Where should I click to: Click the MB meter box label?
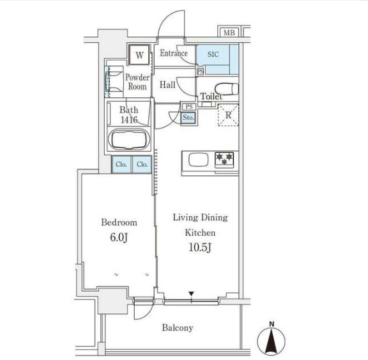coord(229,33)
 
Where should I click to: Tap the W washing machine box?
coord(139,55)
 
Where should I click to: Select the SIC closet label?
coord(213,54)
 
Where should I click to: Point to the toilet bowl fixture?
coord(227,88)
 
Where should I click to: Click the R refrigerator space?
coord(228,115)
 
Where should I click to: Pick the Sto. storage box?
coord(188,118)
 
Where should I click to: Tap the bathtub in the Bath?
coord(129,140)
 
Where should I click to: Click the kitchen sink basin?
coord(199,159)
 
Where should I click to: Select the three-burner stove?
coord(224,160)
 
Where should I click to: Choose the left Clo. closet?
coord(121,164)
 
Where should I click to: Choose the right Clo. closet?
coord(142,164)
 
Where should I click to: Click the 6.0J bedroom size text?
coord(119,238)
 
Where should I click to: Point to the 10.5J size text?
coord(200,247)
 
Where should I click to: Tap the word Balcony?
coord(178,328)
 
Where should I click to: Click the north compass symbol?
coord(272,339)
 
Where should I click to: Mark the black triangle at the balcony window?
coord(192,293)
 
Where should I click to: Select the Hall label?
coord(167,84)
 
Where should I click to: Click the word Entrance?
coord(174,53)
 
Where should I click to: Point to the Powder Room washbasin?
coord(114,82)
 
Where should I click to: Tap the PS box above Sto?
coord(189,107)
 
